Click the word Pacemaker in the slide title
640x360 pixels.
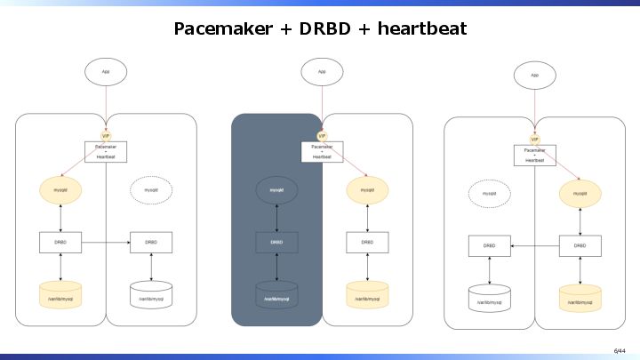(x=222, y=28)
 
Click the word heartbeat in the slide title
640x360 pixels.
(x=421, y=28)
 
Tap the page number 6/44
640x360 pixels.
(x=620, y=351)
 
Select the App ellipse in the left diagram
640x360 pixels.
(x=106, y=71)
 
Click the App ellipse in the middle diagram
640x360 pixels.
(x=321, y=71)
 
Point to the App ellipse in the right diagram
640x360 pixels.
(x=535, y=75)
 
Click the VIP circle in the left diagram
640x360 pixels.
(x=106, y=135)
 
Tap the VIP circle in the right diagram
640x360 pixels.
(x=535, y=139)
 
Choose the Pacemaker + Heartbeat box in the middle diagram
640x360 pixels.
(x=321, y=151)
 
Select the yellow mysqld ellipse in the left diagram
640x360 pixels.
(x=61, y=189)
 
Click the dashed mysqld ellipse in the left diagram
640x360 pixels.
(x=151, y=189)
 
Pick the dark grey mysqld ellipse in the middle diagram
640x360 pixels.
(x=276, y=189)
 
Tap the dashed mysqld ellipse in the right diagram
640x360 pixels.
(x=489, y=193)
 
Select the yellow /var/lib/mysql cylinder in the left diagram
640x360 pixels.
(x=61, y=295)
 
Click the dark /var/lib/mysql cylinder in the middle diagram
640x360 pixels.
(x=276, y=295)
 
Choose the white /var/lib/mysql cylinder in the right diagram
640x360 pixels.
(x=489, y=299)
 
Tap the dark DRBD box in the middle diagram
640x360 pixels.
(x=276, y=242)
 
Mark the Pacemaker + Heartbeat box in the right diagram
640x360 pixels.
(x=535, y=156)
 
